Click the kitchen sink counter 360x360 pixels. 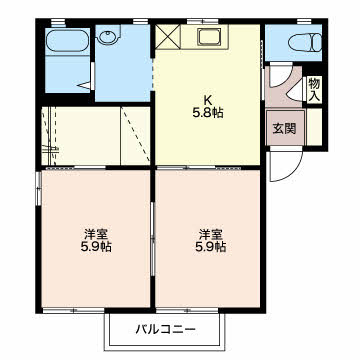click(211, 39)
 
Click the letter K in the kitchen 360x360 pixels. click(209, 100)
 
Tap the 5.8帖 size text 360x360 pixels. click(209, 113)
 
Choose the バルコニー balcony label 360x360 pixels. click(167, 330)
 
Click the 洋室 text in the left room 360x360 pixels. click(96, 234)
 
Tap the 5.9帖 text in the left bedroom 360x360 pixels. click(96, 248)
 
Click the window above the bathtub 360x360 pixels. click(64, 22)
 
